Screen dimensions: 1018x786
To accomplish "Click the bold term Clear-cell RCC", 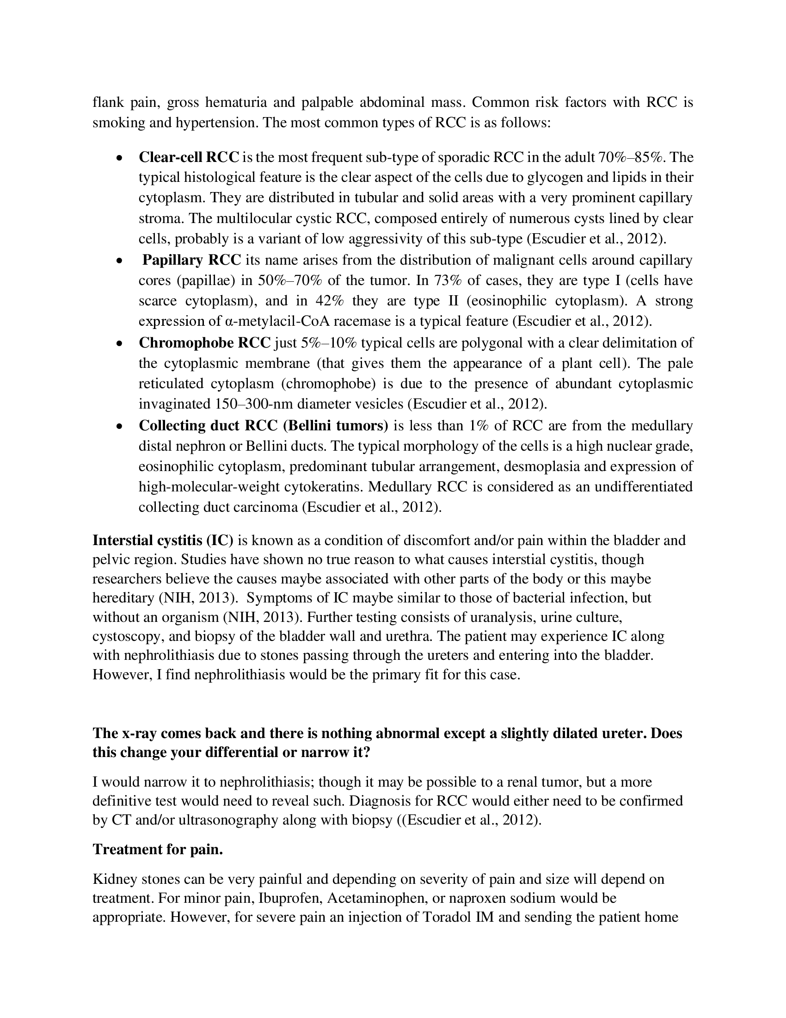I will click(189, 157).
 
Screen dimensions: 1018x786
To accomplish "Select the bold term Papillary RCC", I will click(191, 260).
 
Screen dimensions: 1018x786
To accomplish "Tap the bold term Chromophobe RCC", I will click(204, 342).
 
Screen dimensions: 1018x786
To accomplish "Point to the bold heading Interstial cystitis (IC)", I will click(162, 540).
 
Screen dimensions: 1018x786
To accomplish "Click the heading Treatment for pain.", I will click(158, 849).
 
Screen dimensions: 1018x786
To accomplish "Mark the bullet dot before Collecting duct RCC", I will click(120, 426).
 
